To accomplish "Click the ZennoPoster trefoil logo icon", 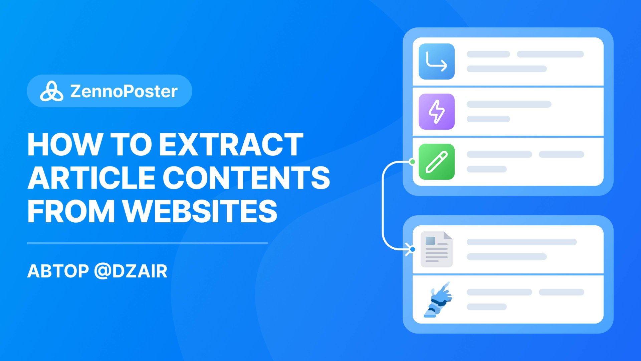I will click(x=51, y=91).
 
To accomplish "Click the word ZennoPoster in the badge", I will click(x=124, y=91).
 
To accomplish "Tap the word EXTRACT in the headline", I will click(x=231, y=144).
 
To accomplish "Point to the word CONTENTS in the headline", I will click(x=246, y=177).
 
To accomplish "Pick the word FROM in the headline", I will click(x=71, y=211).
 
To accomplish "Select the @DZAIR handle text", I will click(x=131, y=271).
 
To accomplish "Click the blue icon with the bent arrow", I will click(x=436, y=62).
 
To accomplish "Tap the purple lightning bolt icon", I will click(x=436, y=112).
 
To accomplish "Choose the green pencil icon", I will click(x=436, y=162).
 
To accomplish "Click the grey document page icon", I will click(x=436, y=250).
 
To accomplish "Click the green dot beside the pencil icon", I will click(x=413, y=162).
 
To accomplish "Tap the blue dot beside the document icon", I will click(x=413, y=249).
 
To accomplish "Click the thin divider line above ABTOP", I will click(x=147, y=243).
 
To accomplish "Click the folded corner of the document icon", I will click(x=448, y=236).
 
